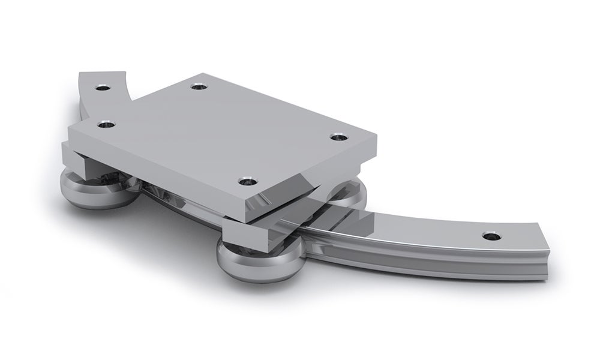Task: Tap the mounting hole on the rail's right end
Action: tap(490, 236)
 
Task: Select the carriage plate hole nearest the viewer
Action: tap(247, 181)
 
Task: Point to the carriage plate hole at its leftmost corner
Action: tap(108, 125)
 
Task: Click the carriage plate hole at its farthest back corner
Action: tap(199, 86)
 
